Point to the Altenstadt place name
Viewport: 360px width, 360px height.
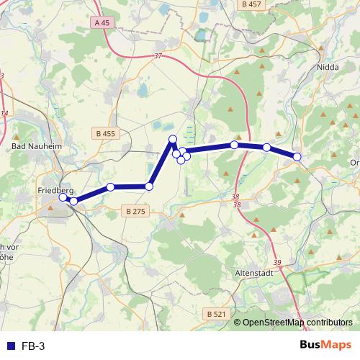[256, 274]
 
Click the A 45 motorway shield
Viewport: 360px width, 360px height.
[103, 23]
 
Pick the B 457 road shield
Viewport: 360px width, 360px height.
[252, 4]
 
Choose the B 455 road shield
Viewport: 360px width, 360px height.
[105, 133]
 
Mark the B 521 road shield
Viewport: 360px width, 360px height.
[215, 314]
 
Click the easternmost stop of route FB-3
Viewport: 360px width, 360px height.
[297, 156]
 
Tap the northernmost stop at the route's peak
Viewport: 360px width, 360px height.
[173, 139]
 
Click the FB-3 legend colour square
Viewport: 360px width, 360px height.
[9, 346]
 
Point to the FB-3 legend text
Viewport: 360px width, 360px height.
[32, 346]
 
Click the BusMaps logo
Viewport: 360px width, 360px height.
[325, 345]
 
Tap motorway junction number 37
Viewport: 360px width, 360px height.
[158, 55]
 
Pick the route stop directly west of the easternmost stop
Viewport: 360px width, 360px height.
[266, 148]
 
